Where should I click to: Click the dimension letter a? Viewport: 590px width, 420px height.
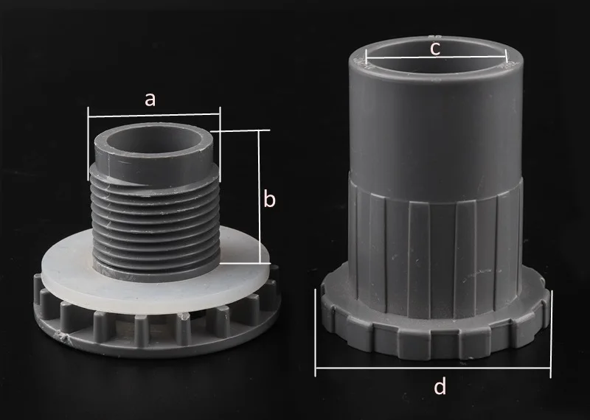click(x=150, y=100)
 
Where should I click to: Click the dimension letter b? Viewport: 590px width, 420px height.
click(x=269, y=199)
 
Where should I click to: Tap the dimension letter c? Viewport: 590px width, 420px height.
click(x=434, y=49)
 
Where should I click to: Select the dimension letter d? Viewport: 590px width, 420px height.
click(x=440, y=386)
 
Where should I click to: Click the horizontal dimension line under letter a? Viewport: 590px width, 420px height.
click(x=154, y=115)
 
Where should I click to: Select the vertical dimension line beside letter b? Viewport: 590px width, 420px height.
click(x=260, y=197)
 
